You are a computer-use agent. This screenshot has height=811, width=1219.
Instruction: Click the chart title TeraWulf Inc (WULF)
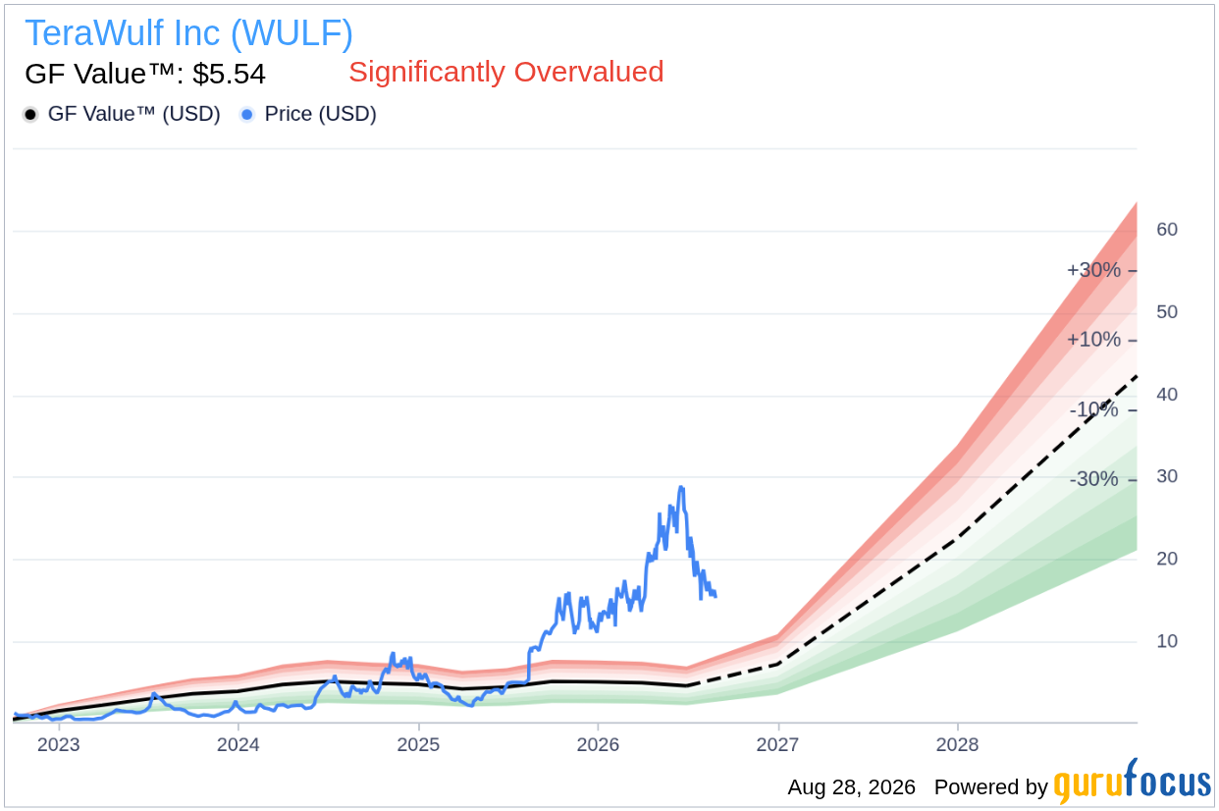(188, 33)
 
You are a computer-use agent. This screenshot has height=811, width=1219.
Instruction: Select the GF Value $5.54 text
(145, 74)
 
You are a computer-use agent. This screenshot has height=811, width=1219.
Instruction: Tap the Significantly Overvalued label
(506, 72)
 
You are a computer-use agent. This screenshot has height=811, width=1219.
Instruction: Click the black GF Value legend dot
(30, 115)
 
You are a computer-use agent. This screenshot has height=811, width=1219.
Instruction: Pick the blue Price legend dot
(247, 115)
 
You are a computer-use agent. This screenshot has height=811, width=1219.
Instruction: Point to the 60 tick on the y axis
(1167, 230)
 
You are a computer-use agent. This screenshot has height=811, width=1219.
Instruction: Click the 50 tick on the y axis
(1167, 312)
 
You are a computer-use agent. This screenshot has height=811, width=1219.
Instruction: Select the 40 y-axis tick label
(1167, 394)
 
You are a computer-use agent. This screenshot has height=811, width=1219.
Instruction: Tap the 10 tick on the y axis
(1167, 641)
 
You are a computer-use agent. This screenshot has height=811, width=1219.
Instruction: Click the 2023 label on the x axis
(58, 744)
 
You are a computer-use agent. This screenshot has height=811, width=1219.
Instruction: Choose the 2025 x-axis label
(418, 744)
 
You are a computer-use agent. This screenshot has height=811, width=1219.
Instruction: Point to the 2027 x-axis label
(777, 744)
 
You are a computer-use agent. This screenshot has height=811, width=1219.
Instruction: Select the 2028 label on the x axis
(957, 744)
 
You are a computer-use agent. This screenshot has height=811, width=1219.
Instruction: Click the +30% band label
(1093, 270)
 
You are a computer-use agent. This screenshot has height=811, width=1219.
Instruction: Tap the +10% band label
(1093, 340)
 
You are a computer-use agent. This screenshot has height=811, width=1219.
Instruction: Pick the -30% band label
(1093, 479)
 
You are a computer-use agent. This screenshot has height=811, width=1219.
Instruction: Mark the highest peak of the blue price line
(681, 487)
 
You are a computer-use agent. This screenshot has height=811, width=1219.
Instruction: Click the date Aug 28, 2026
(852, 787)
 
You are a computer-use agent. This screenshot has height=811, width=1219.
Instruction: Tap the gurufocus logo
(1133, 782)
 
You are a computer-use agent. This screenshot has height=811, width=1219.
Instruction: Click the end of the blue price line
(715, 596)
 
